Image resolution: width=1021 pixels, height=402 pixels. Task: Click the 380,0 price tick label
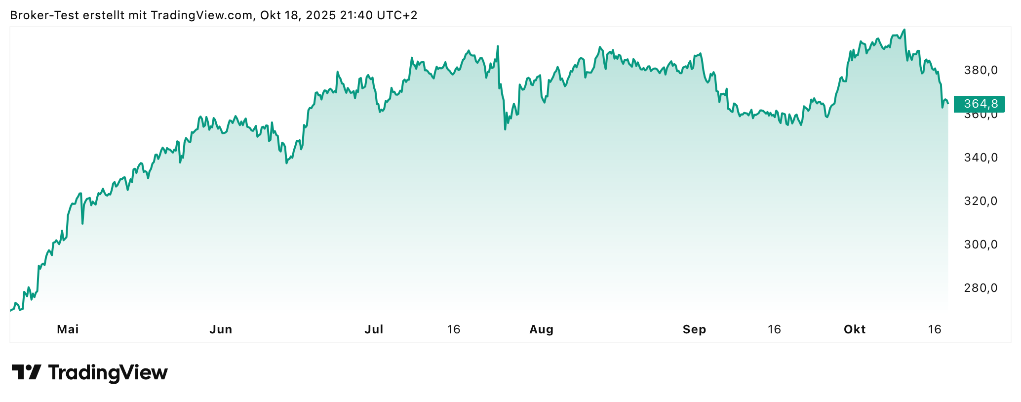click(x=981, y=70)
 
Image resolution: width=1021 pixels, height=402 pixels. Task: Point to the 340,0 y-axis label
click(x=981, y=158)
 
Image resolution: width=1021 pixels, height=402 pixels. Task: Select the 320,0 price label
click(x=981, y=201)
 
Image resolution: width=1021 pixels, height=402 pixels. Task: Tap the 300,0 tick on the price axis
click(x=981, y=244)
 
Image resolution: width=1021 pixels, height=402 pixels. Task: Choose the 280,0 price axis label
click(x=981, y=288)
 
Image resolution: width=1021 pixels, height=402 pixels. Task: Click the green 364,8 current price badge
click(x=980, y=104)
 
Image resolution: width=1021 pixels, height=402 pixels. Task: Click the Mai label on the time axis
click(x=68, y=329)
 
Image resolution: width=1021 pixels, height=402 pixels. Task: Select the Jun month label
click(x=221, y=329)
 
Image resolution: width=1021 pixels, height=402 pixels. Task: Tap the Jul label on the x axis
click(x=374, y=329)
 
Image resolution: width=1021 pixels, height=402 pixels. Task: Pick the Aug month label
click(x=541, y=329)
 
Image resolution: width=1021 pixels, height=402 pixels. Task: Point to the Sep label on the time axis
click(x=694, y=329)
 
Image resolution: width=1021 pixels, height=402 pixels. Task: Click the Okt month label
click(x=855, y=329)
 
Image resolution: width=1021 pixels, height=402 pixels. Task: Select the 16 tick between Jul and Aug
click(x=454, y=329)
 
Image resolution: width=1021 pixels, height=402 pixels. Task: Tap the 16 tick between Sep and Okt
click(x=774, y=329)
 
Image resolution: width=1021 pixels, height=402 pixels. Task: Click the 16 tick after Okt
click(x=935, y=329)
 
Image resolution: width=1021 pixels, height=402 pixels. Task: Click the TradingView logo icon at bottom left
click(x=26, y=372)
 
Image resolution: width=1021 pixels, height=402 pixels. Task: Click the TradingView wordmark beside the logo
click(x=108, y=372)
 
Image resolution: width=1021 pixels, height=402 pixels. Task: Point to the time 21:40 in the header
click(x=356, y=15)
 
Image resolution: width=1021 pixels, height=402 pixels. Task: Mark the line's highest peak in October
click(x=904, y=30)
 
